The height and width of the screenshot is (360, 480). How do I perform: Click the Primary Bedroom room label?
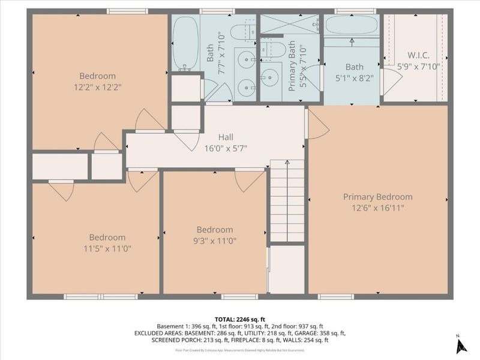pyautogui.click(x=377, y=197)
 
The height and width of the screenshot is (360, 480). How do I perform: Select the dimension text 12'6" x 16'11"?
pyautogui.click(x=377, y=208)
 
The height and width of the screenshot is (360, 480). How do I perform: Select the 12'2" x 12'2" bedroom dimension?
pyautogui.click(x=97, y=87)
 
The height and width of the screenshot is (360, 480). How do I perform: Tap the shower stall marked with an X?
pyautogui.click(x=289, y=25)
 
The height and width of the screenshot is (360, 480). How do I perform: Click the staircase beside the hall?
pyautogui.click(x=287, y=201)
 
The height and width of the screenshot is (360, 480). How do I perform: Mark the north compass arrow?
pyautogui.click(x=461, y=345)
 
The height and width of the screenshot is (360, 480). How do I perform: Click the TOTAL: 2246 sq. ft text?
pyautogui.click(x=240, y=319)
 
